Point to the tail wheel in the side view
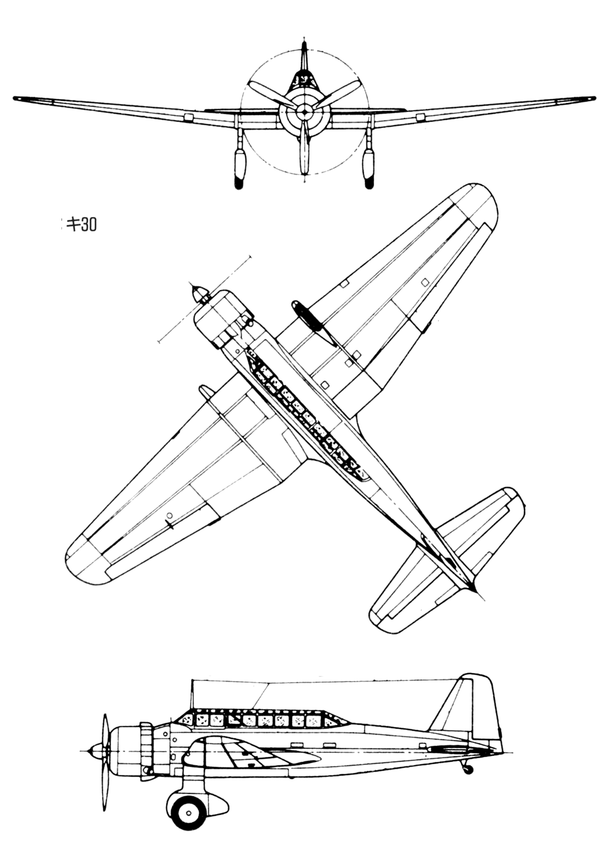point(468,768)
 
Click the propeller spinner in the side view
point(98,751)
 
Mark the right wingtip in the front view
point(590,99)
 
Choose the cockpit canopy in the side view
point(260,718)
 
